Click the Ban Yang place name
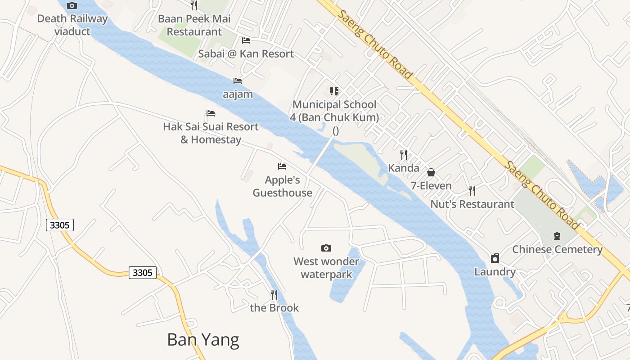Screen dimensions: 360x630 tap(203, 340)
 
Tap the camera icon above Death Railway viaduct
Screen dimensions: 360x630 tap(72, 6)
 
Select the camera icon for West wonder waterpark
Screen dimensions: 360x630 tap(326, 248)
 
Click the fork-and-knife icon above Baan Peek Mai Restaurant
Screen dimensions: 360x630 tap(194, 5)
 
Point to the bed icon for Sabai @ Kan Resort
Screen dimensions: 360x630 tap(246, 40)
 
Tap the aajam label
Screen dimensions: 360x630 tap(238, 94)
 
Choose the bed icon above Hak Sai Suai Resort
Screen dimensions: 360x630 tap(211, 113)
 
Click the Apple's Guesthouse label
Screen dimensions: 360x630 tap(282, 186)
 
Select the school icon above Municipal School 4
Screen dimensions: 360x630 tap(334, 92)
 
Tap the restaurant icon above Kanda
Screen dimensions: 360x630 tap(404, 155)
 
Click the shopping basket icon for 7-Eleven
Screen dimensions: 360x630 tap(431, 172)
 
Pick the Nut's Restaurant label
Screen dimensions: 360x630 tap(472, 204)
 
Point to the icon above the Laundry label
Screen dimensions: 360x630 tap(495, 258)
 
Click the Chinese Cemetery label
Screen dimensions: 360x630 tap(557, 249)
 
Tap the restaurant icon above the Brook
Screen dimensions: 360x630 tap(274, 295)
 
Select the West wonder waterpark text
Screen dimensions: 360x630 tap(326, 268)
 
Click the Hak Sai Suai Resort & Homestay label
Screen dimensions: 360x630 tap(211, 133)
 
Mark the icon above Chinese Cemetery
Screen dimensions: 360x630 tap(557, 236)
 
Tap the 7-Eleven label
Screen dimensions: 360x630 tap(431, 185)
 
